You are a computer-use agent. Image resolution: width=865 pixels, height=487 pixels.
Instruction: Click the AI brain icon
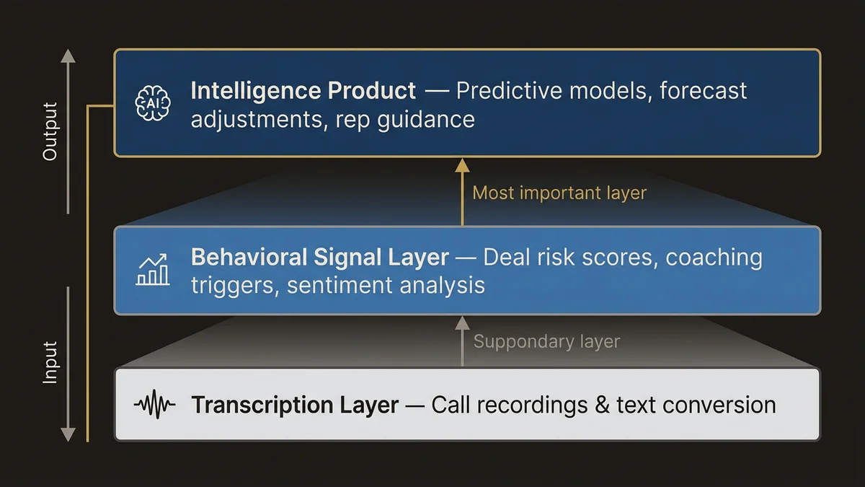tap(152, 103)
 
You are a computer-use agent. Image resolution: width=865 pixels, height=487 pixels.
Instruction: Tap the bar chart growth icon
tap(153, 269)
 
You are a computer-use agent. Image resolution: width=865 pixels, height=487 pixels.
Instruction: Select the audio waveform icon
tap(154, 405)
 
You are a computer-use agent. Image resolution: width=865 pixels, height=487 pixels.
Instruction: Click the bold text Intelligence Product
tap(303, 91)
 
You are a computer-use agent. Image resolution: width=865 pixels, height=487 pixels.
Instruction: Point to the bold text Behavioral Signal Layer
tap(319, 258)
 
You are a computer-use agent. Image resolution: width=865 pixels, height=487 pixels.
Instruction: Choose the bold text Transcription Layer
tap(294, 405)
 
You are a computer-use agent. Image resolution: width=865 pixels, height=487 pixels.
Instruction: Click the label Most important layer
tap(559, 193)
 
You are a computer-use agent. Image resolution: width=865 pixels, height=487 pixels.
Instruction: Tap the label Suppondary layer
tap(546, 341)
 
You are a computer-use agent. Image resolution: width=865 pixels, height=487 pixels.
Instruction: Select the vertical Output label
tap(50, 131)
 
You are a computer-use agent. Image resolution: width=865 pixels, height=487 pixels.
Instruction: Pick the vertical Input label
tap(50, 362)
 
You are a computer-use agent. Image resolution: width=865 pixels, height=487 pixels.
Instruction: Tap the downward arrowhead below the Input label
tap(68, 434)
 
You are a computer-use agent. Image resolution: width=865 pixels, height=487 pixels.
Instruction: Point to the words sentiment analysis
tap(386, 285)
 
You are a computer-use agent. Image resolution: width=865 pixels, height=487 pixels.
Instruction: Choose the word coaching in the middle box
tap(714, 258)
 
